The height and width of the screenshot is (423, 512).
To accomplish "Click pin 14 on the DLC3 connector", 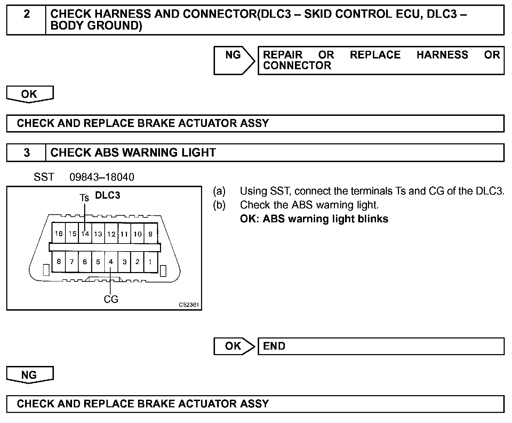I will [x=85, y=234].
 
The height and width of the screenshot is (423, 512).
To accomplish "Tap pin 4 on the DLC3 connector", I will [x=111, y=262].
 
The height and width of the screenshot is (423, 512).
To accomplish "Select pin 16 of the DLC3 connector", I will [x=58, y=234].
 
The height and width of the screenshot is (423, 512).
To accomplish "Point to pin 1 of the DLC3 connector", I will [x=150, y=262].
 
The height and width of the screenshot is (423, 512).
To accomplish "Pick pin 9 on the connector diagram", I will [x=150, y=234].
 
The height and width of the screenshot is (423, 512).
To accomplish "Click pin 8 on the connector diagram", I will [x=58, y=262].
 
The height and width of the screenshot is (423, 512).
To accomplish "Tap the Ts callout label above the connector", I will [x=84, y=198].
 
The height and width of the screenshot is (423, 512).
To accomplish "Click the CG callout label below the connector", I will [x=111, y=299].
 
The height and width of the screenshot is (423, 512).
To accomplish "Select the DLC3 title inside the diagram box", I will [x=107, y=195].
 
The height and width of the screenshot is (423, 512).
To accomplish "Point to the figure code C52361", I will [x=189, y=305].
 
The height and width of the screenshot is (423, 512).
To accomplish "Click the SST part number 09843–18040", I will [x=102, y=177].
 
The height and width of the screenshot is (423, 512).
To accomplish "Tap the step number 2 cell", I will [x=26, y=14].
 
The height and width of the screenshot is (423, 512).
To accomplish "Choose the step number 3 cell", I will [x=26, y=153].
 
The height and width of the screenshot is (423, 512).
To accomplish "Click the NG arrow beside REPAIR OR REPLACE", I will [x=234, y=60].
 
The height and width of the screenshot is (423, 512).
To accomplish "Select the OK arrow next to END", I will [x=234, y=346].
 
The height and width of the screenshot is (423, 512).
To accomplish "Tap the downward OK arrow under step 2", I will [x=30, y=94].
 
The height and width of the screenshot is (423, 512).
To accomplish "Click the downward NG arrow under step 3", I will [x=30, y=375].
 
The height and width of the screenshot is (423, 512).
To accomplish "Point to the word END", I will [x=274, y=346].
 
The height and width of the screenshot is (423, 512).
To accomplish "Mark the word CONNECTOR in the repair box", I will [x=297, y=65].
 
